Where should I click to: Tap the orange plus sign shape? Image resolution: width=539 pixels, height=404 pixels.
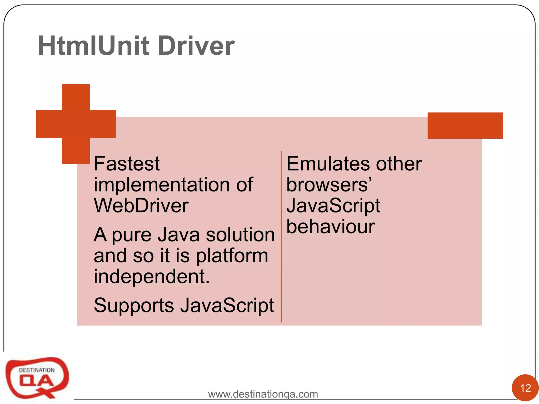(76, 124)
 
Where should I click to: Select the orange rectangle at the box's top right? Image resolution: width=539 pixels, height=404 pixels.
(465, 125)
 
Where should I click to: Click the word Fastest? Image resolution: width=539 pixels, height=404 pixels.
(127, 164)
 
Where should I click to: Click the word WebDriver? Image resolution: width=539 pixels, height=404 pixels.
(141, 205)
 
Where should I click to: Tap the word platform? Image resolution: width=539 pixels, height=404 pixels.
(232, 256)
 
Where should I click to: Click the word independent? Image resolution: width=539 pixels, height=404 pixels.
(152, 276)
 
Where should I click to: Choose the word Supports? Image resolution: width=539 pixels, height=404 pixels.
(134, 306)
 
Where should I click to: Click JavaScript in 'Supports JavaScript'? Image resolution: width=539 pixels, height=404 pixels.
(227, 306)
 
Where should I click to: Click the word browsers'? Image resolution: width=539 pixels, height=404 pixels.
(329, 185)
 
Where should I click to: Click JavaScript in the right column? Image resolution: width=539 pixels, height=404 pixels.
(333, 206)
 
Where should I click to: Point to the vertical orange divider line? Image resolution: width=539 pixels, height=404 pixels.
(281, 237)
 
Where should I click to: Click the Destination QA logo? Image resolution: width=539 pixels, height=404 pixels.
(37, 377)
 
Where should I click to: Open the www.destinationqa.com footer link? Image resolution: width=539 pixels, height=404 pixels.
(263, 394)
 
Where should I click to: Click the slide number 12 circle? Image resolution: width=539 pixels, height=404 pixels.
(525, 388)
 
